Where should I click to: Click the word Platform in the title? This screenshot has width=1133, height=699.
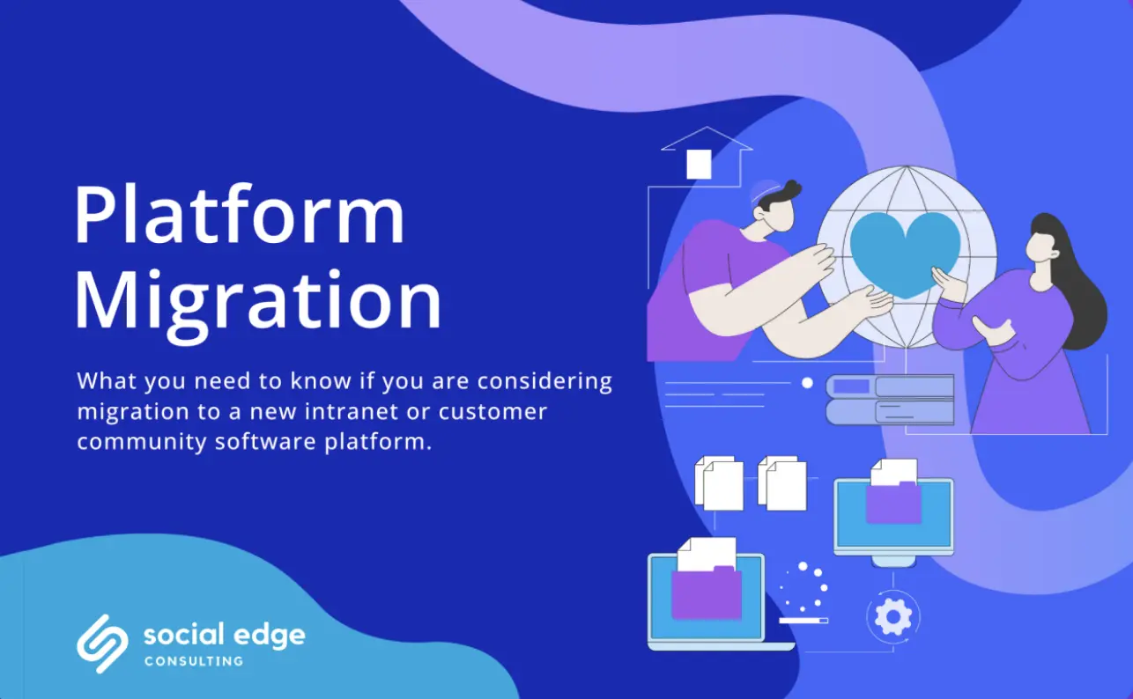(x=239, y=216)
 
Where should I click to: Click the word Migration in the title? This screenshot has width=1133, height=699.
(x=257, y=302)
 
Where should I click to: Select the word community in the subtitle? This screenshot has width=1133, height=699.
(x=142, y=441)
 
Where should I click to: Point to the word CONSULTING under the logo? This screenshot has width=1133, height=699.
(x=193, y=660)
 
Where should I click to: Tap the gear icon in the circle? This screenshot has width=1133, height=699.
(x=892, y=616)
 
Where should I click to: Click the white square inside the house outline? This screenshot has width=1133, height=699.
(x=699, y=164)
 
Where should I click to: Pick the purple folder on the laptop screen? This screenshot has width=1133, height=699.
(x=706, y=592)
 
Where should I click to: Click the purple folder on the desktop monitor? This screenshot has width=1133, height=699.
(x=893, y=503)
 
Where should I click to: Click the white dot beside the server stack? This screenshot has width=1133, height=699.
(x=807, y=383)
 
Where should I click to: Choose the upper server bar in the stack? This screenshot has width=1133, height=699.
(x=890, y=386)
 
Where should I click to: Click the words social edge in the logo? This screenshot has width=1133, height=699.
(x=224, y=634)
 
